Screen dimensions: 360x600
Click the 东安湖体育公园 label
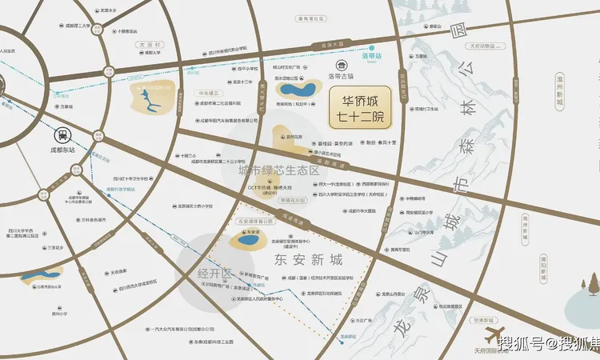pyautogui.click(x=256, y=220)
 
